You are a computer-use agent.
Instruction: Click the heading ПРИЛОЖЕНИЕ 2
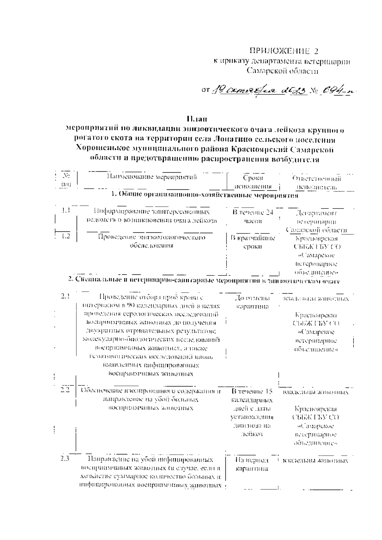[x=284, y=51]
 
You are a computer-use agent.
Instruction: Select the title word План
[x=197, y=119]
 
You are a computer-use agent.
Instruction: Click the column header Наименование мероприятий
[x=152, y=177]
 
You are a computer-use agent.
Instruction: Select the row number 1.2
[x=66, y=236]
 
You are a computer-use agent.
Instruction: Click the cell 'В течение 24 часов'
[x=253, y=217]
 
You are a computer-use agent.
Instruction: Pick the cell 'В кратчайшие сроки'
[x=253, y=242]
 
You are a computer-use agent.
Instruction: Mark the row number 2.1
[x=66, y=296]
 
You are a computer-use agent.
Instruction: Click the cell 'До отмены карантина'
[x=252, y=302]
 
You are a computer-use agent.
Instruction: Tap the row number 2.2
[x=65, y=391]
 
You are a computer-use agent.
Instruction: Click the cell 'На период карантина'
[x=251, y=464]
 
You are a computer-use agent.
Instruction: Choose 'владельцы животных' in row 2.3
[x=315, y=461]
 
